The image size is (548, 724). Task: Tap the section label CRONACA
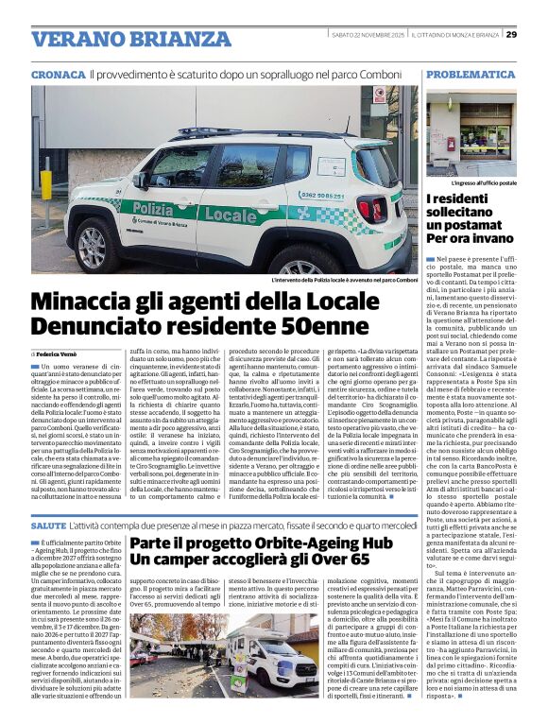(x=58, y=74)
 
